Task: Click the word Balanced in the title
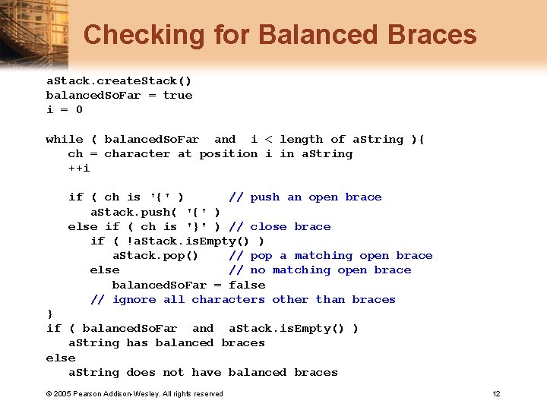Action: pyautogui.click(x=320, y=35)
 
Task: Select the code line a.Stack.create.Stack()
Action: pyautogui.click(x=119, y=80)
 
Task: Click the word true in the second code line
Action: pyautogui.click(x=178, y=95)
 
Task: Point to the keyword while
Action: pyautogui.click(x=65, y=139)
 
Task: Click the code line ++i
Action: pyautogui.click(x=79, y=168)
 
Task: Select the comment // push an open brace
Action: pyautogui.click(x=305, y=197)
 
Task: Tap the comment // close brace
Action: pyautogui.click(x=280, y=226)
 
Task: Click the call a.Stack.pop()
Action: pyautogui.click(x=156, y=256)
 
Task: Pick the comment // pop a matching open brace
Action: pyautogui.click(x=330, y=256)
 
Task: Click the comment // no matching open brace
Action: pyautogui.click(x=320, y=270)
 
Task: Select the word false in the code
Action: pyautogui.click(x=247, y=285)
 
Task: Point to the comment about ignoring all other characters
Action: pyautogui.click(x=243, y=300)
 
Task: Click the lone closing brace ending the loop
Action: pyautogui.click(x=50, y=314)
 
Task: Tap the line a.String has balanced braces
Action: pyautogui.click(x=167, y=343)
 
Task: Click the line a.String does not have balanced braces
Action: pyautogui.click(x=203, y=373)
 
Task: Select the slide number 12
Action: pyautogui.click(x=496, y=393)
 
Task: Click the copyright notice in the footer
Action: pyautogui.click(x=134, y=393)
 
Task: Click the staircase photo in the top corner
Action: pyautogui.click(x=30, y=30)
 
